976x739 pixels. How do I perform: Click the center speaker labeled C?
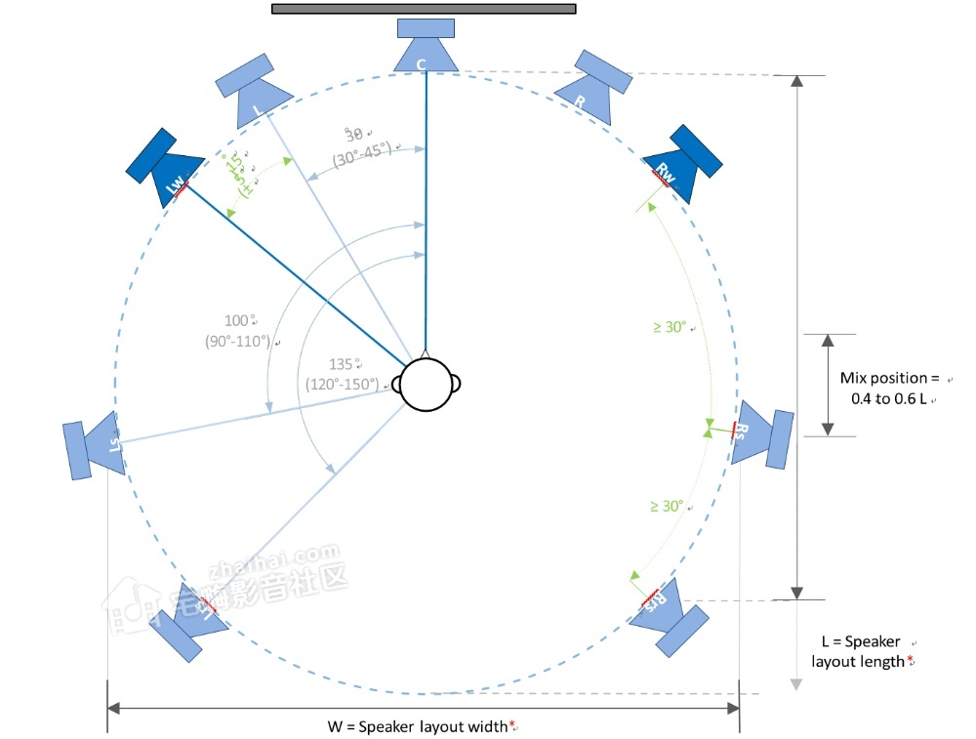tap(426, 48)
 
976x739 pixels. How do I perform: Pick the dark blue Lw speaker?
tap(166, 167)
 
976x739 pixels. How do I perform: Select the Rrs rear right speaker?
tap(668, 615)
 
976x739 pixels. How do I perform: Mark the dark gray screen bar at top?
tap(424, 9)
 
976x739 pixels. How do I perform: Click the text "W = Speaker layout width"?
tap(421, 726)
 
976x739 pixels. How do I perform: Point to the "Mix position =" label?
tap(888, 377)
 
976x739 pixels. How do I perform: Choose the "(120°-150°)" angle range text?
tap(341, 384)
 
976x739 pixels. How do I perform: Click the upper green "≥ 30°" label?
tap(672, 328)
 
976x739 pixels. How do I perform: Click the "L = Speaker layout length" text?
tap(863, 651)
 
